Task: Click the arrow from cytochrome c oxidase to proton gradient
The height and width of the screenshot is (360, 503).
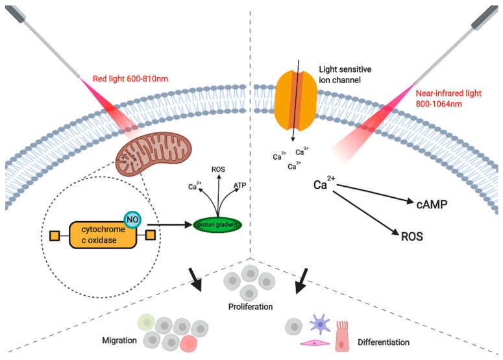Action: pyautogui.click(x=172, y=224)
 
